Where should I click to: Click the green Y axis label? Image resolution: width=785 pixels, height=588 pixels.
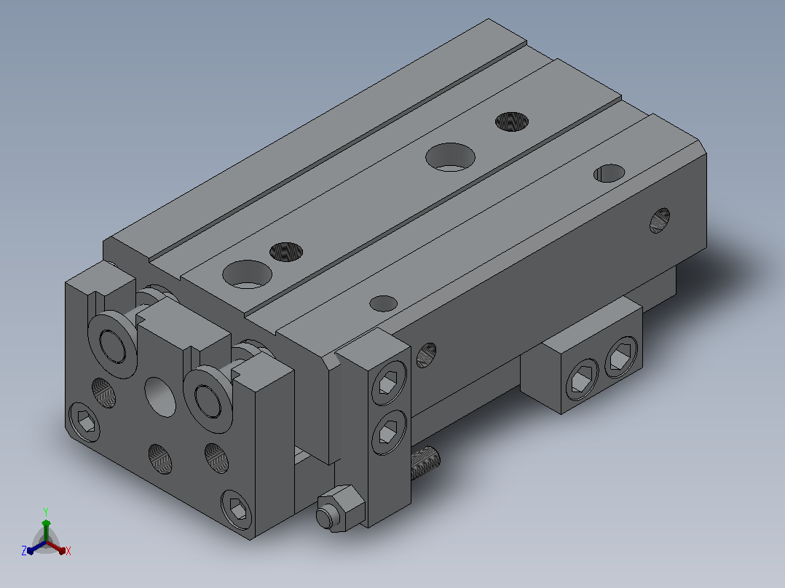point(46,512)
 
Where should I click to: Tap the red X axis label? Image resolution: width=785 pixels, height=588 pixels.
point(68,551)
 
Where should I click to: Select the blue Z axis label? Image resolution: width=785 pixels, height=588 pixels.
point(23,551)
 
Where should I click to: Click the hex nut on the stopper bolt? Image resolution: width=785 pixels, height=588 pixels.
point(341,507)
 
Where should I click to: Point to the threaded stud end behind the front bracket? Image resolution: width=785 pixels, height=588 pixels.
point(425,462)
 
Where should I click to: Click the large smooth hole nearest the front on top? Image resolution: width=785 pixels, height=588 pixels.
point(248,274)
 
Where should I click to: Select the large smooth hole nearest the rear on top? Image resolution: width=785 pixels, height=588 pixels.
point(450,157)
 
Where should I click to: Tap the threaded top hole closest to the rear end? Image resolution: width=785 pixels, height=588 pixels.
point(512,122)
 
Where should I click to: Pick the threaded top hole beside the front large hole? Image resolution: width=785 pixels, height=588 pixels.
point(286,252)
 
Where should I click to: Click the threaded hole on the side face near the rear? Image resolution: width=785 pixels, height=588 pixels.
point(659,220)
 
